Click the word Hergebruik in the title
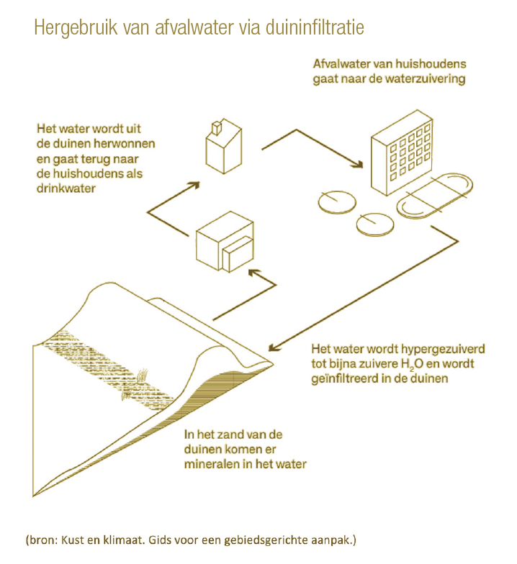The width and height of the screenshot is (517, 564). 76,28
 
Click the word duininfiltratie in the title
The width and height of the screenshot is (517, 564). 315,27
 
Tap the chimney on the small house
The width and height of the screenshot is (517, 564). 217,128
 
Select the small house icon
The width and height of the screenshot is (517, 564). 223,146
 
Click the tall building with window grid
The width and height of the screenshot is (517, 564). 402,153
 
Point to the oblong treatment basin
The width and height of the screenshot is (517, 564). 435,196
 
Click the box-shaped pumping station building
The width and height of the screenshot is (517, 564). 225,242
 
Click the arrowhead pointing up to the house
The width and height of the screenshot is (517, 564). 194,185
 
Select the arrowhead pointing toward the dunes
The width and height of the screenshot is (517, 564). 274,347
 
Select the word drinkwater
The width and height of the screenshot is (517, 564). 66,188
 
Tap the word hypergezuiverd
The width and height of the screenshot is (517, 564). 443,350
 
